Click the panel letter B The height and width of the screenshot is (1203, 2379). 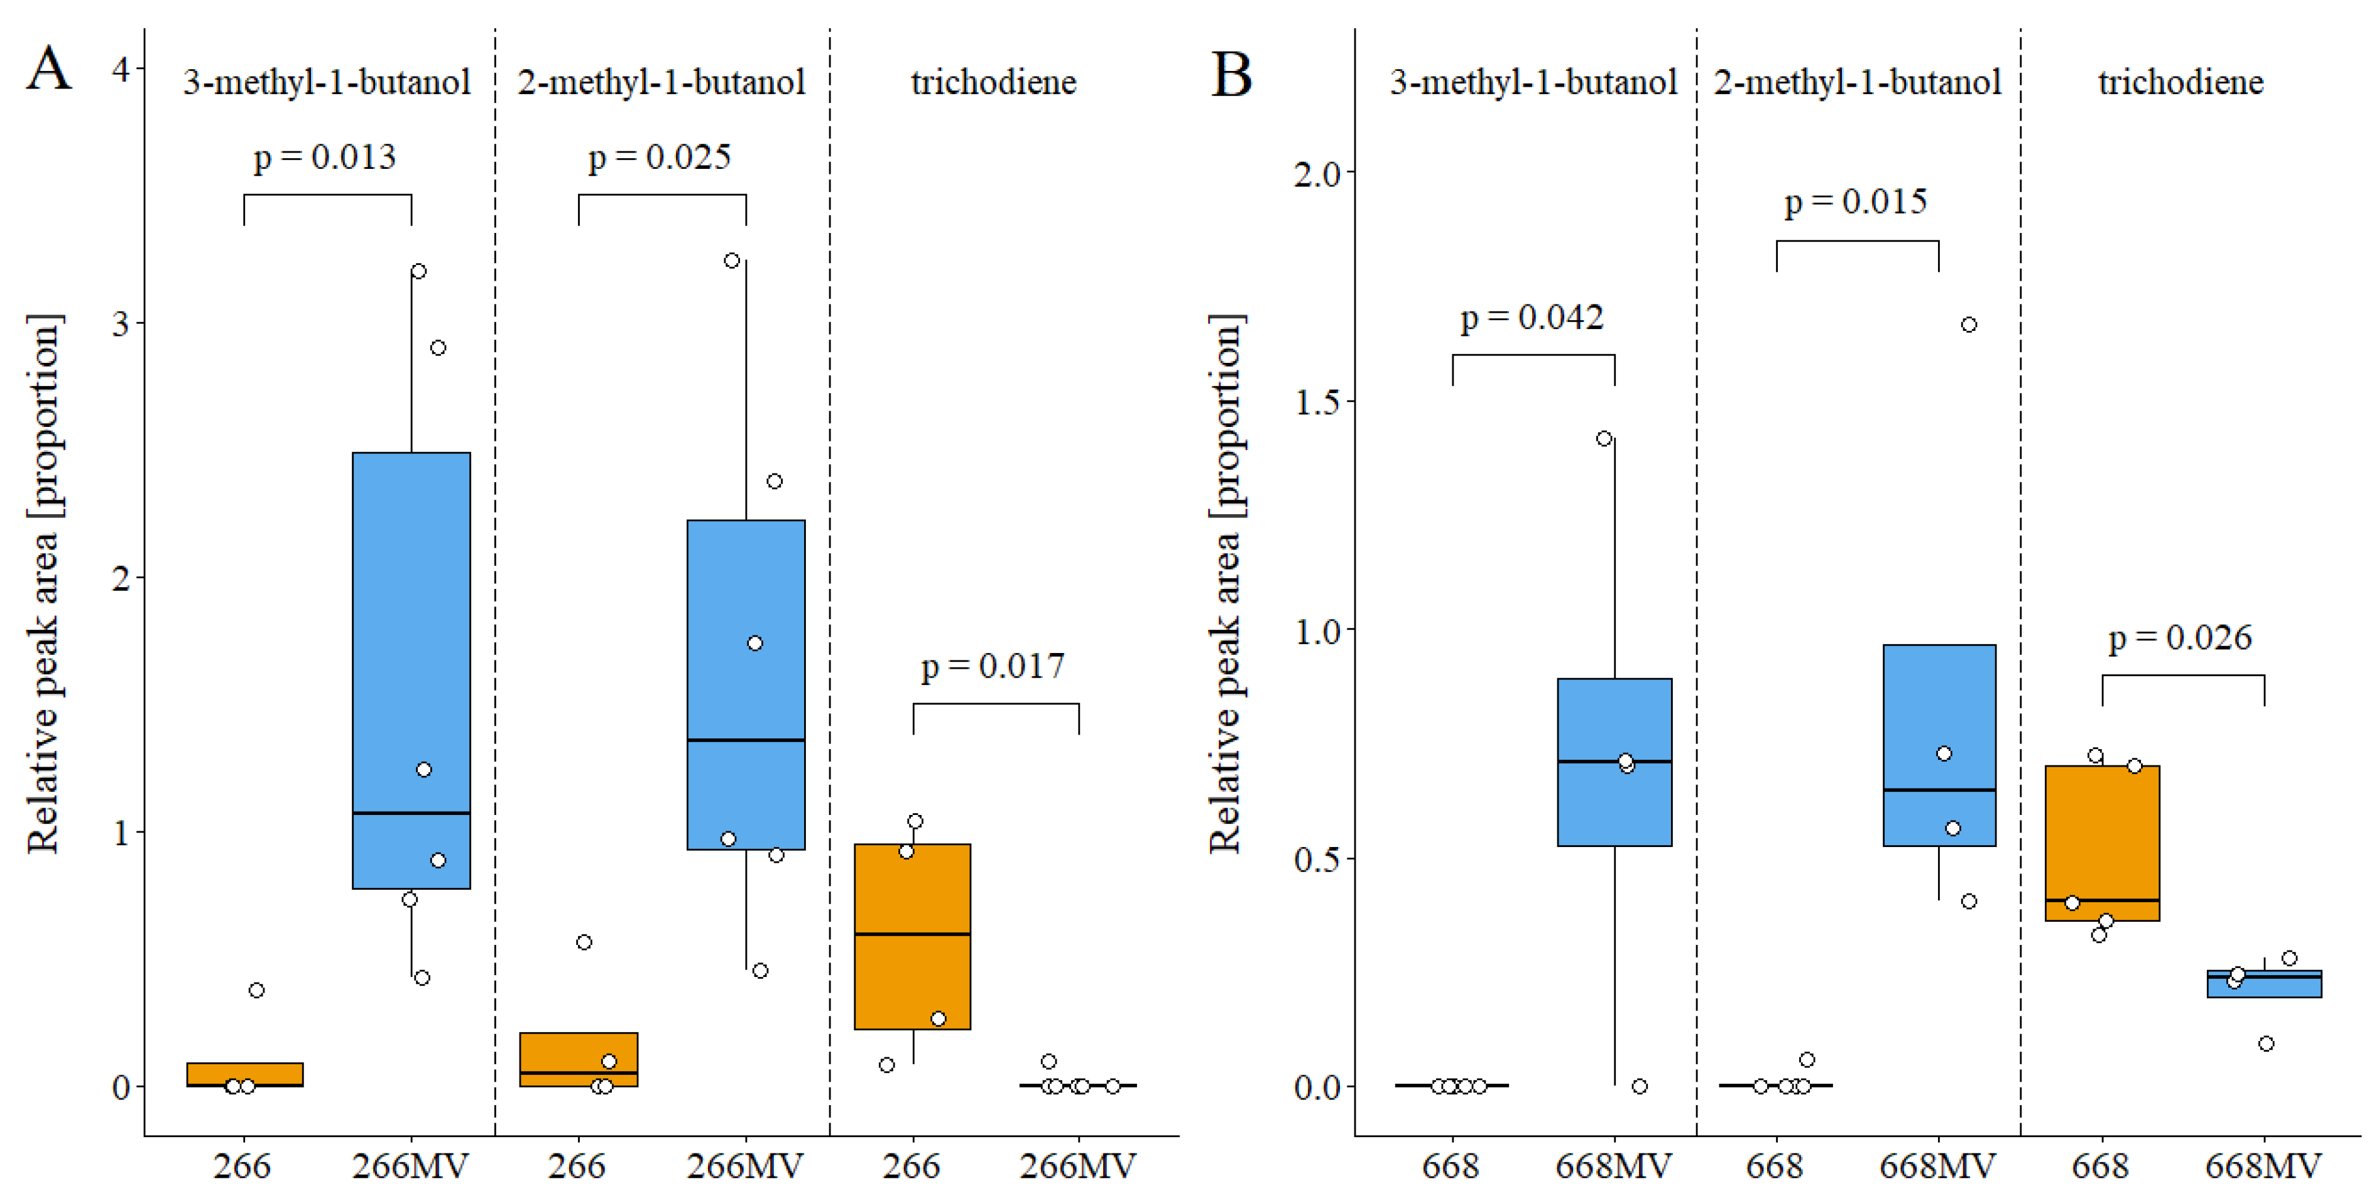tap(1231, 74)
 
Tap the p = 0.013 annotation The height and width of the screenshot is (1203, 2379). tap(325, 157)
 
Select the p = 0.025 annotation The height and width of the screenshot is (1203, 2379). tap(660, 157)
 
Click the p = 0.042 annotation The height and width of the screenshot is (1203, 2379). tap(1532, 318)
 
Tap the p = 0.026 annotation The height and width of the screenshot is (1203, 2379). tap(2180, 637)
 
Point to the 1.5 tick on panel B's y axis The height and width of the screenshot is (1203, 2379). tap(1317, 402)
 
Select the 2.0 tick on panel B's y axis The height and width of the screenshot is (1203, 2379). tap(1317, 173)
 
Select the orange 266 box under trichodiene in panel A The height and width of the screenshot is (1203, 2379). tap(912, 936)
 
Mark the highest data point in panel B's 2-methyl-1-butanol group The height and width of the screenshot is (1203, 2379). tap(1969, 325)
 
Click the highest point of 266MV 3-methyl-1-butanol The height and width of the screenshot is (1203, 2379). tap(418, 271)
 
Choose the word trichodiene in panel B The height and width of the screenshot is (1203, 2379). tap(2180, 83)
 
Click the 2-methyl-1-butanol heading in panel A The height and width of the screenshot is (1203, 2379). tap(661, 83)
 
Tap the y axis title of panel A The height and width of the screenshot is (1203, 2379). tap(43, 583)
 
